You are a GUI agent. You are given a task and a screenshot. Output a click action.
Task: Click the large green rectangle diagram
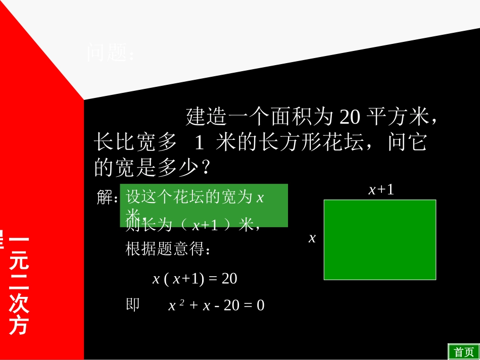point(379,240)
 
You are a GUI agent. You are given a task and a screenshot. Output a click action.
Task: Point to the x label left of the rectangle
point(312,238)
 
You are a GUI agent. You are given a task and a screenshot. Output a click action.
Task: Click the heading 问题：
point(111,53)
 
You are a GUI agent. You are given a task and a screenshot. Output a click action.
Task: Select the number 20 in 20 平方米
point(349,117)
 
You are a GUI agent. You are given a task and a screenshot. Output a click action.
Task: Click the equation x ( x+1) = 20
point(195,279)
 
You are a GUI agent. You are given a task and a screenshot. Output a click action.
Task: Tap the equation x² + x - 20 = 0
point(216,305)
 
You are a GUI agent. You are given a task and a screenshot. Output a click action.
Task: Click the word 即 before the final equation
point(132,304)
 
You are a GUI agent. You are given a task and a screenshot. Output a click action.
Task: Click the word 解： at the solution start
point(107,198)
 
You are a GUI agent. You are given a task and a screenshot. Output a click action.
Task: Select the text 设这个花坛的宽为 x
point(195,197)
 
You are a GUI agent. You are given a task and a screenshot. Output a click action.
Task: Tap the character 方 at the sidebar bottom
point(19,326)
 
